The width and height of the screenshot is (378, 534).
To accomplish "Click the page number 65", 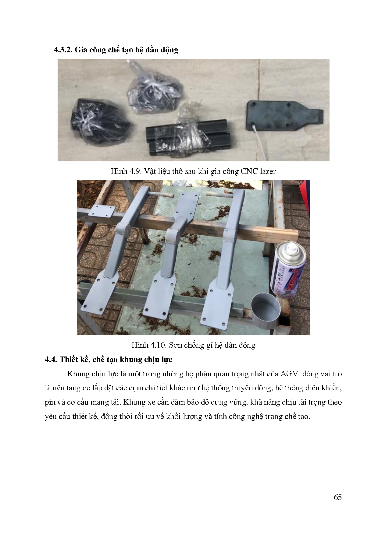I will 337,497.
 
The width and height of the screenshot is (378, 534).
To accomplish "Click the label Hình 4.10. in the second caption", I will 149,345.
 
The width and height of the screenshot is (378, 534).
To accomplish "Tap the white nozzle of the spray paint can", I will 292,248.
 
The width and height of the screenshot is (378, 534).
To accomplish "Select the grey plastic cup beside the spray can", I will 266,311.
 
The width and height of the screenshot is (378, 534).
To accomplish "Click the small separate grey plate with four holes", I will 102,211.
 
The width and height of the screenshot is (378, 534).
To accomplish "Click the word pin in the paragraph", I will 50,402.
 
